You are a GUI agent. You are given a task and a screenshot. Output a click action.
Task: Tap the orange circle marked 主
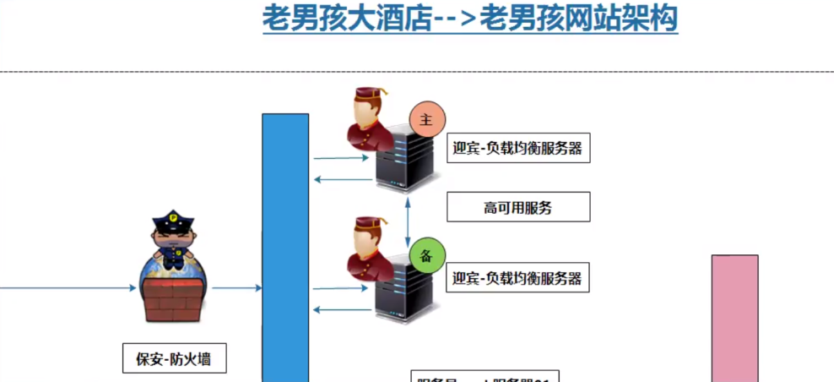tap(426, 120)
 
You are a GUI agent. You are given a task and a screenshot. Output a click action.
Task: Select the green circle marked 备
tap(426, 255)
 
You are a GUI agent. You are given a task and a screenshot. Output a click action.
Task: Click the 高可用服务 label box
tap(517, 207)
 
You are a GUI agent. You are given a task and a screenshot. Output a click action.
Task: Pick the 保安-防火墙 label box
tap(174, 359)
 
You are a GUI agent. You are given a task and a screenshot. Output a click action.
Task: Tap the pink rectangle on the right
tap(734, 317)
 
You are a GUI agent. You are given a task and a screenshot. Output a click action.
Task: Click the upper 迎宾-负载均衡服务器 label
tap(517, 149)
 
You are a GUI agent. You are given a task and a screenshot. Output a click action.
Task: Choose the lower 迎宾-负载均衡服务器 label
tap(517, 277)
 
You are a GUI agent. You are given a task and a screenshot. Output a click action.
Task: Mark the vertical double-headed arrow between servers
tap(409, 220)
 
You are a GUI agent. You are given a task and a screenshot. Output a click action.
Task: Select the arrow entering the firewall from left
tap(68, 288)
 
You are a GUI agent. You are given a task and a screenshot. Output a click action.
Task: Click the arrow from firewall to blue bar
tap(237, 288)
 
